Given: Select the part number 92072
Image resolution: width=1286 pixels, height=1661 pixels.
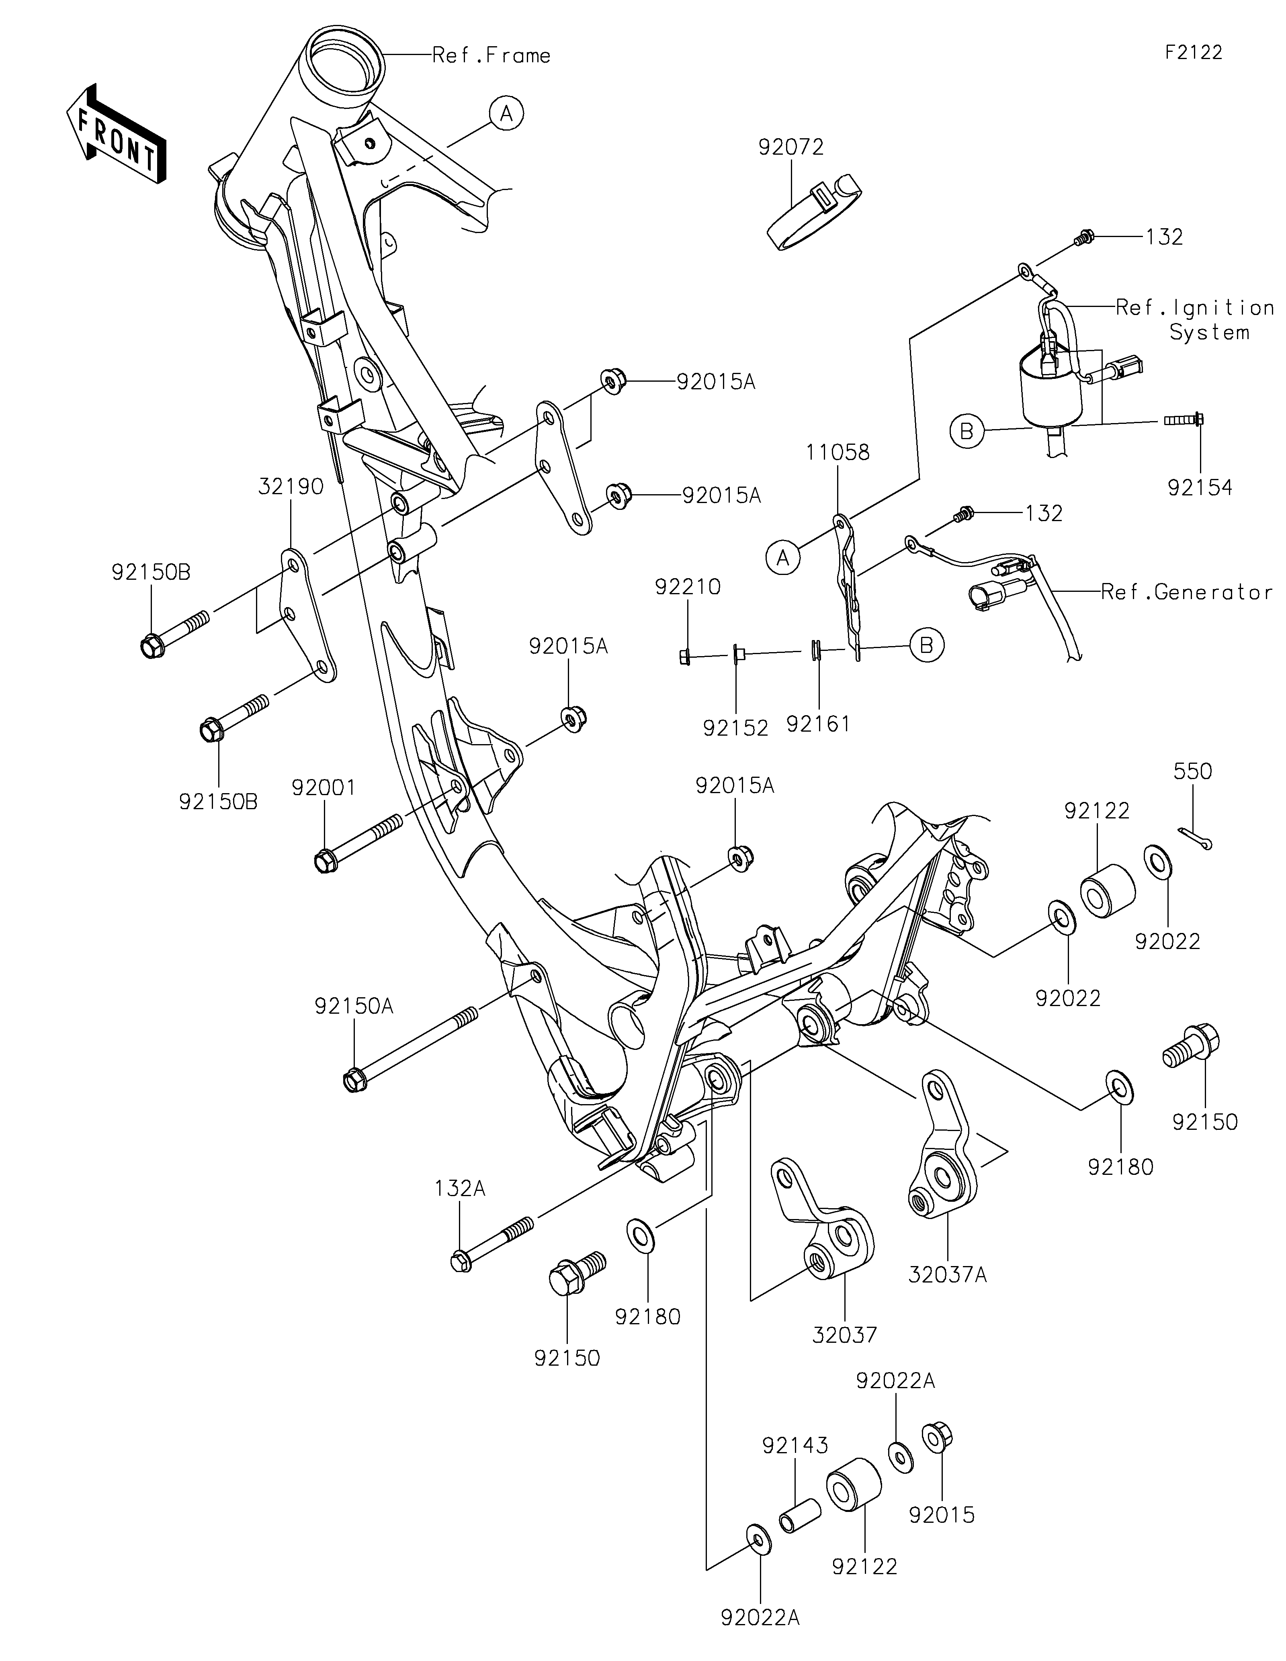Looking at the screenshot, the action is tap(791, 147).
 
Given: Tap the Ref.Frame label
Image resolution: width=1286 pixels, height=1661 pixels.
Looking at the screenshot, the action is tap(491, 55).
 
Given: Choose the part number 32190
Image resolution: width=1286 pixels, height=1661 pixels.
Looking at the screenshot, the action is tap(291, 487).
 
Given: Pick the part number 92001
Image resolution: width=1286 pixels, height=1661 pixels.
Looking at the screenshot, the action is tap(324, 788).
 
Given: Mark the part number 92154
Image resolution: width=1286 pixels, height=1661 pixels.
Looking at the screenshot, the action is tap(1200, 487).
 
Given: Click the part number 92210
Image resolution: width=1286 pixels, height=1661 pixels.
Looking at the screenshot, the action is tap(688, 587).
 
